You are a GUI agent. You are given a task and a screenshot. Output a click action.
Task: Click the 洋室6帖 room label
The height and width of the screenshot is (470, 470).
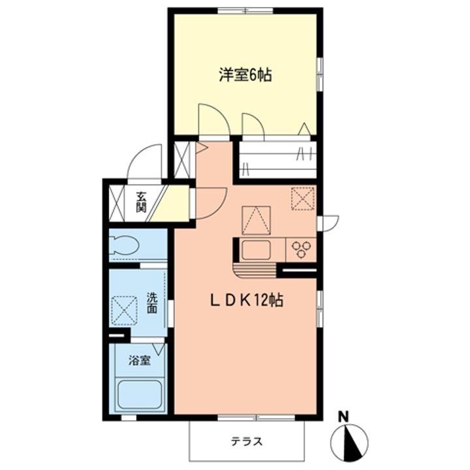[x=245, y=75]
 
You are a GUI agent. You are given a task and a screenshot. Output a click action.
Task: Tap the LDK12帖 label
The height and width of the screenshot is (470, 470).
[x=245, y=302]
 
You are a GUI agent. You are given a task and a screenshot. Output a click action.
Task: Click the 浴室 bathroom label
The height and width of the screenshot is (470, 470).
[x=138, y=360]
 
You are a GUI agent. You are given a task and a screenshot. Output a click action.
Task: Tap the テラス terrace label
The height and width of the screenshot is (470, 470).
[x=247, y=441]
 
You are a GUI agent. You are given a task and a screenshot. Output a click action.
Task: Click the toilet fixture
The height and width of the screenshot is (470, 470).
[x=124, y=245]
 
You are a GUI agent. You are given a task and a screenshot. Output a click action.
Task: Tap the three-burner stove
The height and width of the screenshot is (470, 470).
[x=302, y=249]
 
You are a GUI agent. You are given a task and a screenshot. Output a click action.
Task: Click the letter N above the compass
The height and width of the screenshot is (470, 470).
[x=343, y=415]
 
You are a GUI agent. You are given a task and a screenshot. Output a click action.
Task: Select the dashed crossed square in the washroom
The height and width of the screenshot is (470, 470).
[x=124, y=310]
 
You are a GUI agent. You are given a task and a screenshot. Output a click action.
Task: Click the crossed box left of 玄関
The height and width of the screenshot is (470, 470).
[x=117, y=203]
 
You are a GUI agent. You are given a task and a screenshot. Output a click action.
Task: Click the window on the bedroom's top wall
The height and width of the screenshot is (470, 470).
[x=245, y=11]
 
